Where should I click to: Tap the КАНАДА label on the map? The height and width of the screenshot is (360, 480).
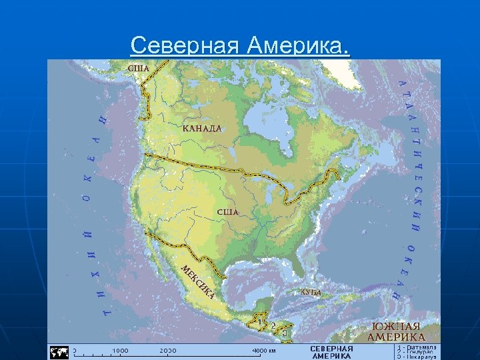202,128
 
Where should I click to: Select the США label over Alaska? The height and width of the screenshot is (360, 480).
139,68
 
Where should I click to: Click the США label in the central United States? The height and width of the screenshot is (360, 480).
228,211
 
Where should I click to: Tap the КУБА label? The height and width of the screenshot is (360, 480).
311,292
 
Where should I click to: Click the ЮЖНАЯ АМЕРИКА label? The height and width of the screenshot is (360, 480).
396,331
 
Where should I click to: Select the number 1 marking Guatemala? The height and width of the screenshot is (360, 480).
259,322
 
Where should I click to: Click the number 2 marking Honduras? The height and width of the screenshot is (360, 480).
273,325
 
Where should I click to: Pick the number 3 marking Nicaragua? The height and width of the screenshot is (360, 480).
285,331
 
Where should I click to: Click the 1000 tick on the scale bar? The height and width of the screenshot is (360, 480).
121,350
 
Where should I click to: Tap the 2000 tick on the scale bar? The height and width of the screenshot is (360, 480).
168,350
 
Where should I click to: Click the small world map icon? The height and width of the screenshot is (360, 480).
59,351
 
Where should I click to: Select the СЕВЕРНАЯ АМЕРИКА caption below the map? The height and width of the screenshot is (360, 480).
331,352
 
